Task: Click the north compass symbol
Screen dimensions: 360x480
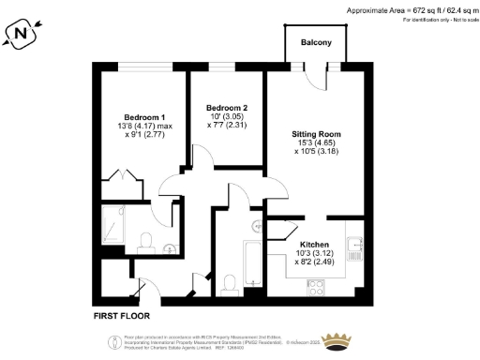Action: (x=22, y=35)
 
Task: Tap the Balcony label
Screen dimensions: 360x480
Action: (x=317, y=43)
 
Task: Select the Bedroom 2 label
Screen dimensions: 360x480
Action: (x=227, y=107)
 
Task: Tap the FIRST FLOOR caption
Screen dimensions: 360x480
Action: (x=125, y=315)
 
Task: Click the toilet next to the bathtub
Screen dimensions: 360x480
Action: (x=230, y=283)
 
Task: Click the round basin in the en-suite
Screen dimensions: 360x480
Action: (x=170, y=247)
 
